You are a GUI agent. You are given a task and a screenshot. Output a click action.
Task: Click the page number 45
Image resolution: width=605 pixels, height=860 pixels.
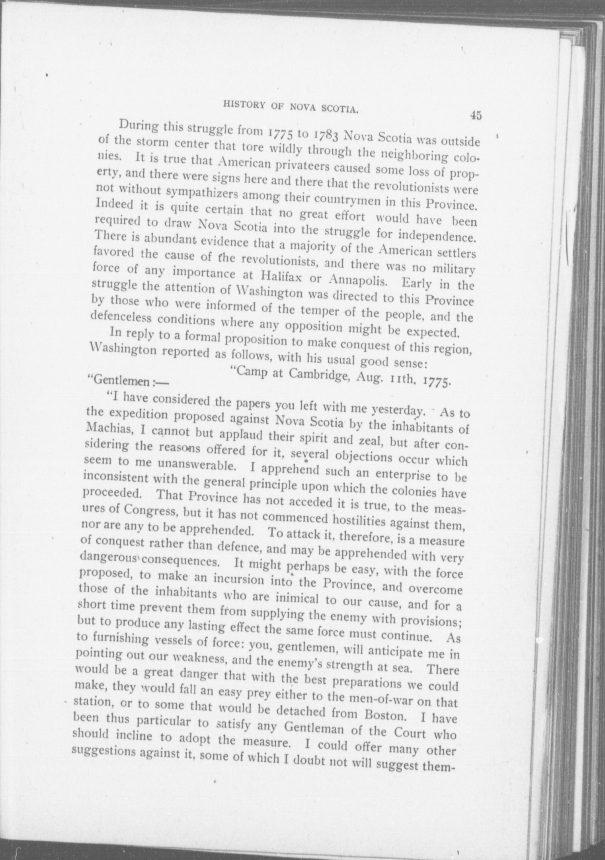[x=476, y=115]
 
